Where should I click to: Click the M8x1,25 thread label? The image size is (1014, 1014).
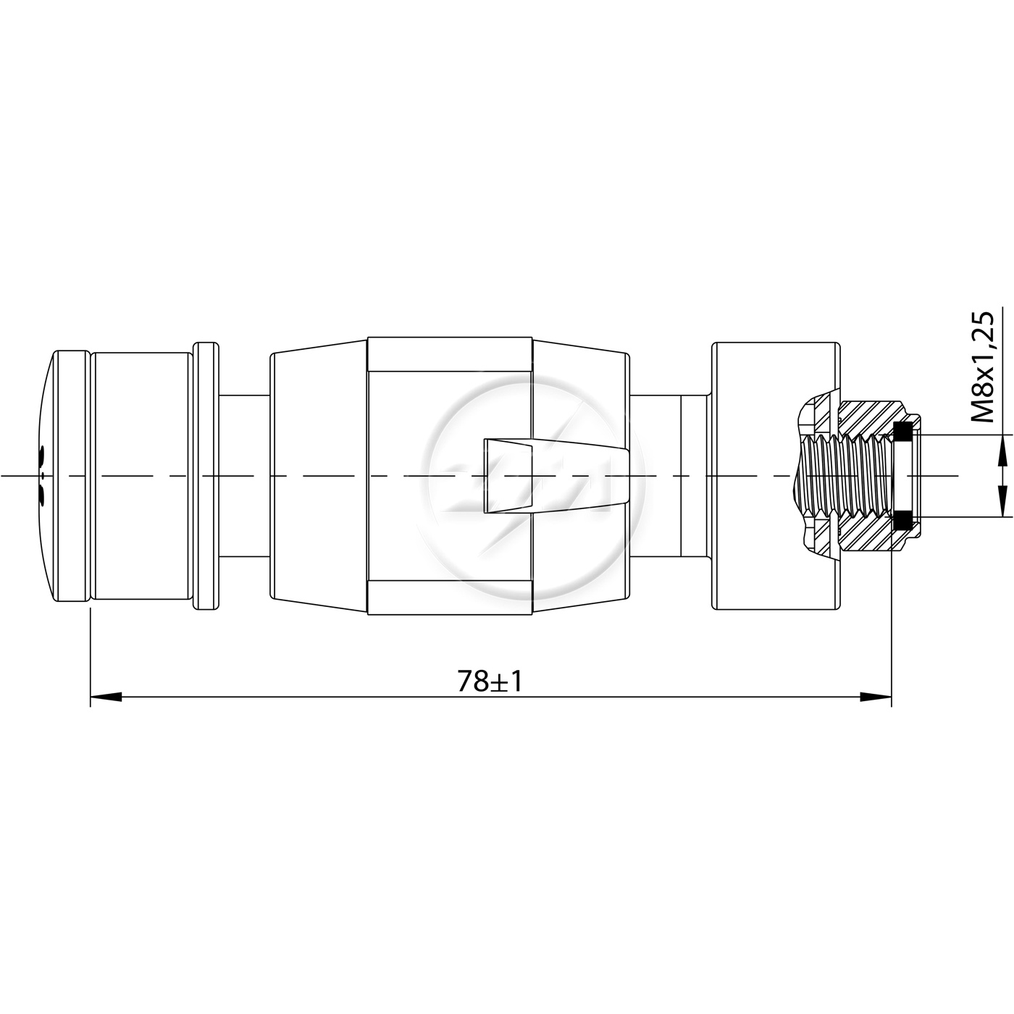point(982,367)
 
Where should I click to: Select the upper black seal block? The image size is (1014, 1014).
point(904,432)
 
